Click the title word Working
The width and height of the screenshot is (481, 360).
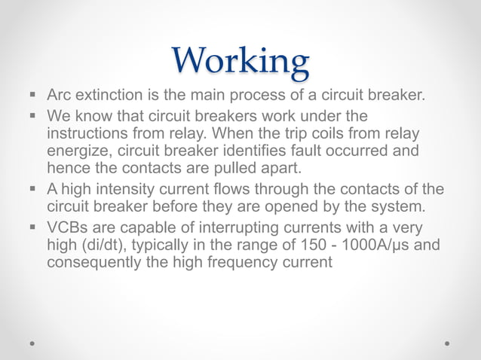coord(240,61)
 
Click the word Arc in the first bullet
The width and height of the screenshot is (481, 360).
coord(60,96)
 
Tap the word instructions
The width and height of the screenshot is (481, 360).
coord(90,133)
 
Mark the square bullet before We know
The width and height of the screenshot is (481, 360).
coord(35,116)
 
